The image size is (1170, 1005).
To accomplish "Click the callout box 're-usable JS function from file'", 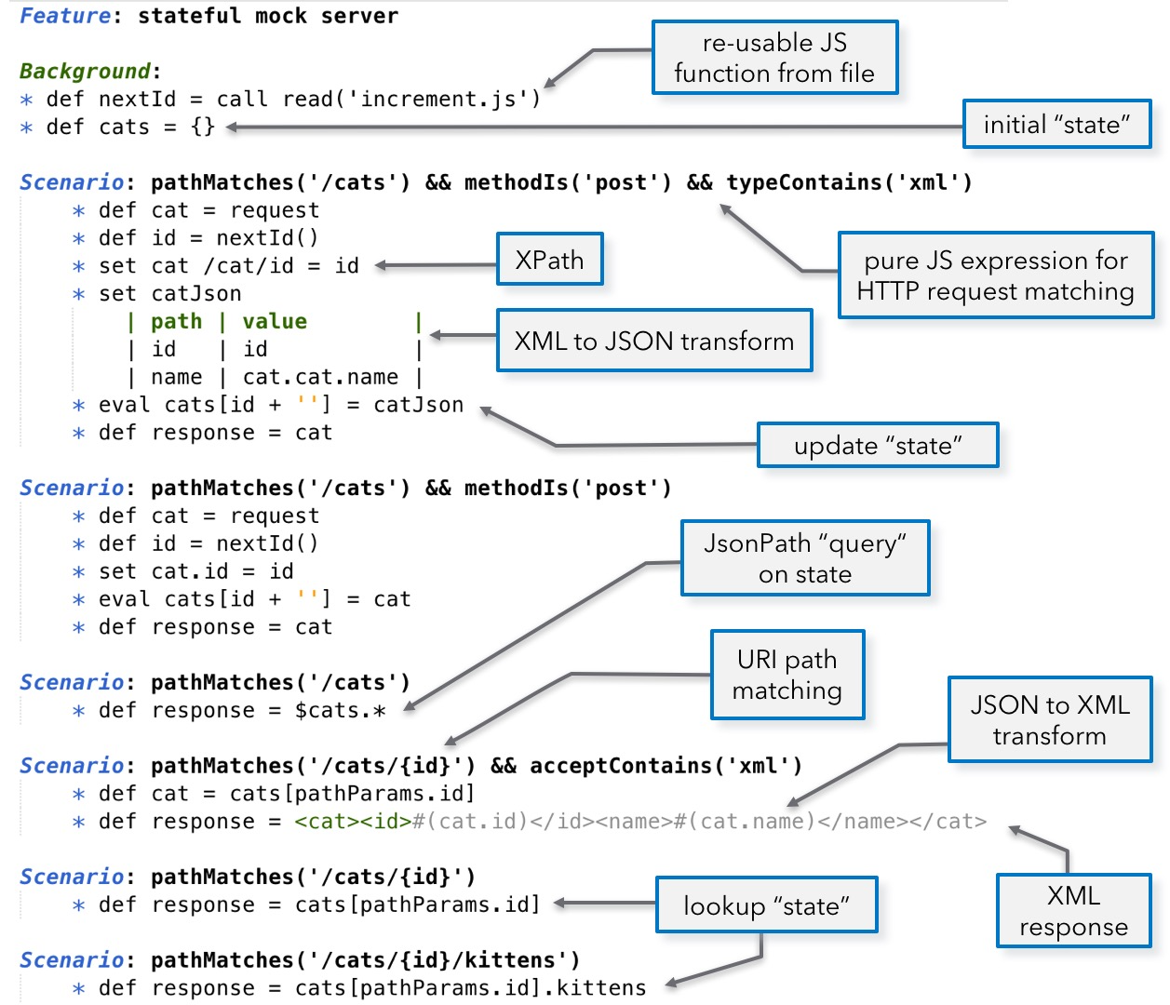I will [x=774, y=58].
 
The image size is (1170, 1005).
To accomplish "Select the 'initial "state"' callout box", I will [x=1056, y=125].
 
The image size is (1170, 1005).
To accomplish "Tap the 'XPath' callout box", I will [x=549, y=260].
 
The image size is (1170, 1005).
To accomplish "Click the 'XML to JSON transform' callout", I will [x=654, y=341].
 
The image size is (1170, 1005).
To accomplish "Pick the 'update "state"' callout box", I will [x=878, y=446].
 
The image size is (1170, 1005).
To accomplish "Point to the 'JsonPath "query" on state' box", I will [x=805, y=558].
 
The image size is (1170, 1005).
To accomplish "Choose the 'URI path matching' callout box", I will [x=787, y=675].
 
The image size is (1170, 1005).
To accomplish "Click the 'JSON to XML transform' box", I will [x=1050, y=720].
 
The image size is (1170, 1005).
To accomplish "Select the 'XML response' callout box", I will [x=1073, y=911].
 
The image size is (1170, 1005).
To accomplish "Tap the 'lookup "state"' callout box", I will [x=766, y=905].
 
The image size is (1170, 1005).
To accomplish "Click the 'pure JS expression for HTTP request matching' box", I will [x=995, y=275].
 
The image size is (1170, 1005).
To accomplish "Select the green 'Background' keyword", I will [x=85, y=72].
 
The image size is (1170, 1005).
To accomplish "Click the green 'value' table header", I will [x=275, y=322].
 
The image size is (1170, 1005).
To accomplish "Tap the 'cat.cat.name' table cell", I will [x=320, y=377].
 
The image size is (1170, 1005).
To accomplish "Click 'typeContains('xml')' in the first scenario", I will [x=849, y=182].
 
